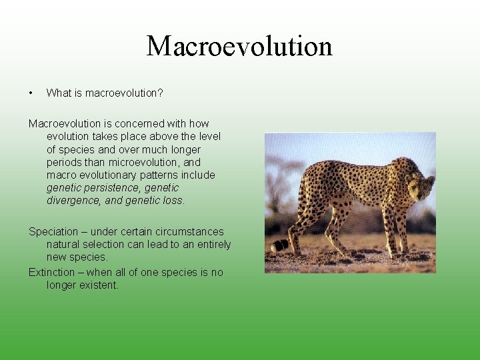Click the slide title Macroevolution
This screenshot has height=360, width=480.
[239, 46]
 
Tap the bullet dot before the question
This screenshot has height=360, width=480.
[31, 93]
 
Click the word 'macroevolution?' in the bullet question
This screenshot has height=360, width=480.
[124, 93]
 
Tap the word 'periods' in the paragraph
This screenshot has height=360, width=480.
[64, 162]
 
